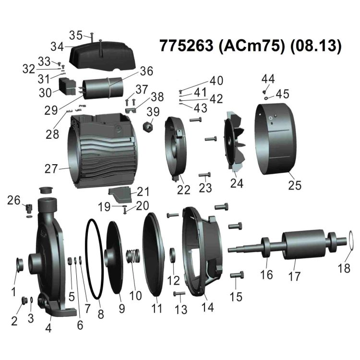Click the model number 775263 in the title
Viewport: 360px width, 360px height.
pyautogui.click(x=186, y=46)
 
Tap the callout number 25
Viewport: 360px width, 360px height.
pyautogui.click(x=295, y=185)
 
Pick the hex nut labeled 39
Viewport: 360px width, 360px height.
pyautogui.click(x=148, y=127)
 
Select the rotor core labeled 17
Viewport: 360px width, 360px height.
pyautogui.click(x=295, y=245)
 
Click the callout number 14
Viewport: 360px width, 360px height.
pyautogui.click(x=207, y=307)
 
